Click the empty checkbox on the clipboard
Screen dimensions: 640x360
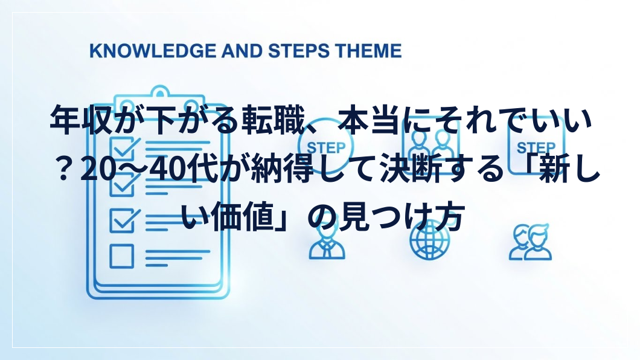click(121, 256)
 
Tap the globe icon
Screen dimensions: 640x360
click(429, 241)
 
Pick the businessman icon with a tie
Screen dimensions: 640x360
click(327, 243)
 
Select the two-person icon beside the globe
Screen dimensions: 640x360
click(530, 242)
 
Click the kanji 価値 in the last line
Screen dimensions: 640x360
click(244, 216)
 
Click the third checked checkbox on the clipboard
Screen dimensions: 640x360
click(123, 220)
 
